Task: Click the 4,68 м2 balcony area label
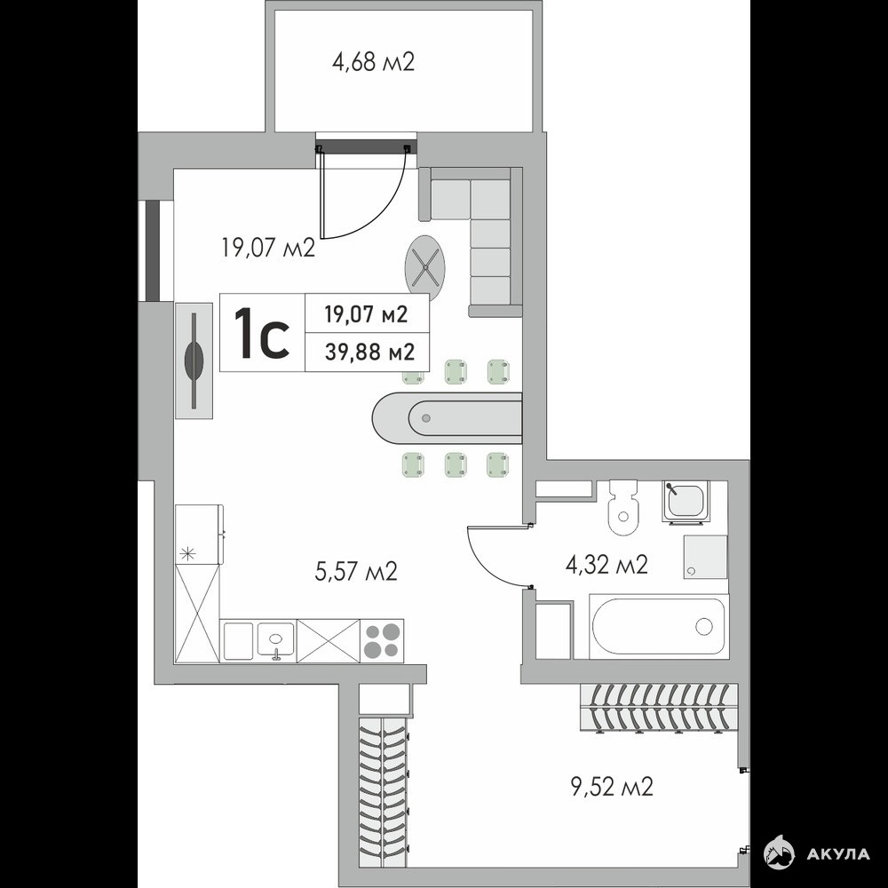tap(373, 62)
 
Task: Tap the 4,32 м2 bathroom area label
tap(606, 565)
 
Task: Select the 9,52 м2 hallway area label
tap(612, 786)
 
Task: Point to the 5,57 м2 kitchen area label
tap(356, 571)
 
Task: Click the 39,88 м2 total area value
tap(369, 353)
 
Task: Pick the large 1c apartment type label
tap(262, 333)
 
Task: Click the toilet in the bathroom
tap(623, 507)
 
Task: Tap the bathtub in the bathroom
tap(659, 626)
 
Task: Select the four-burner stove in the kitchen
tap(382, 640)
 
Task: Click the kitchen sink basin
tap(276, 640)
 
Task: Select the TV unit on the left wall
tap(194, 361)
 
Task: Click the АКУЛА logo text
tap(838, 853)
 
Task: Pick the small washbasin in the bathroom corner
tap(685, 500)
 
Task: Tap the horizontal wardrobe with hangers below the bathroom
tap(659, 708)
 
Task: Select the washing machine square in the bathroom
tap(705, 557)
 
